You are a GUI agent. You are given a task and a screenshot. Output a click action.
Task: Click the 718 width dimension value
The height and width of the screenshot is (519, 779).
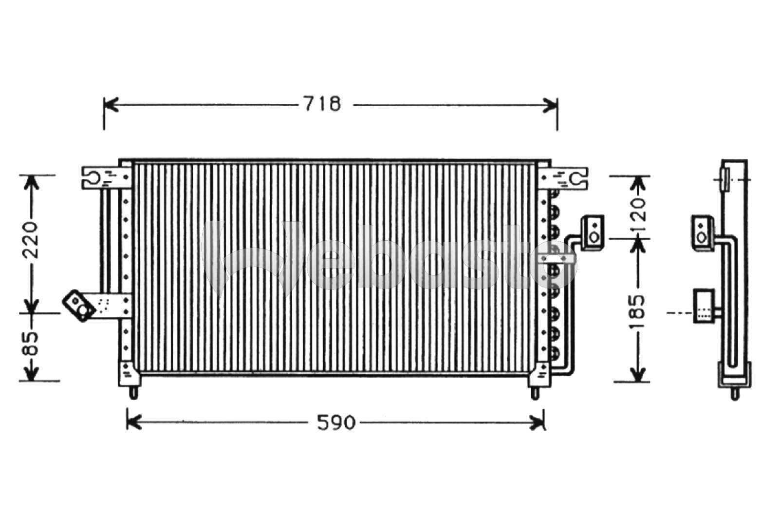point(322,104)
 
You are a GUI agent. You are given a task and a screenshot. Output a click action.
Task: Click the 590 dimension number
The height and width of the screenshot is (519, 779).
point(336,423)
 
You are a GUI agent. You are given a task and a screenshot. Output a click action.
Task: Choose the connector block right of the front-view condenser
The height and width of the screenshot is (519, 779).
point(593,232)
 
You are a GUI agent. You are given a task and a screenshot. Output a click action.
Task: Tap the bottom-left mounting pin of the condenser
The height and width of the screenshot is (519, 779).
point(134,392)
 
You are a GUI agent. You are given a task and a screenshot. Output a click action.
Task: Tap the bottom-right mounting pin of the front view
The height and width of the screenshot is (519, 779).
point(535,392)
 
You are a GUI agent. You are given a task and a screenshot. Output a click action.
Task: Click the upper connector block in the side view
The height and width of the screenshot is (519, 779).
point(702,233)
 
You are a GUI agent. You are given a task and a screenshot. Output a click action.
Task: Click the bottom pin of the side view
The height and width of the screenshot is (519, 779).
point(735,394)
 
